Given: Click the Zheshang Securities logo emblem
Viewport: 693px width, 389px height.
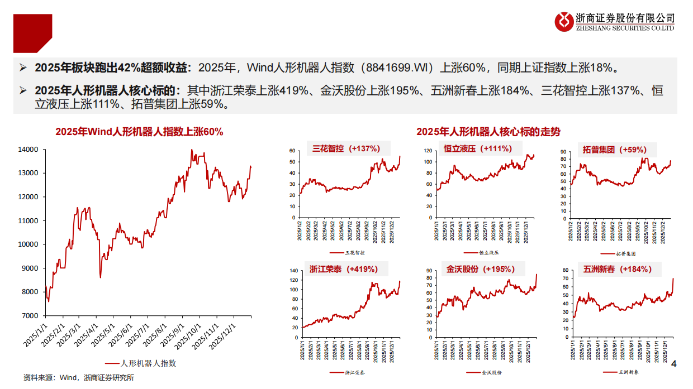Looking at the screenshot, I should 564,22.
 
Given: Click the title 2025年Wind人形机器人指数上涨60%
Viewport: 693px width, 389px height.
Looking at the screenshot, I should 139,132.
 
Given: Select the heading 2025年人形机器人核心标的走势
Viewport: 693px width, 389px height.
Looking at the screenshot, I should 488,132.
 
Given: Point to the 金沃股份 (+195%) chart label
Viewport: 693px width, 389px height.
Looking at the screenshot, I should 480,269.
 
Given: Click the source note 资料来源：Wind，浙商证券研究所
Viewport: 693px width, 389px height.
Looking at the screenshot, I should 79,378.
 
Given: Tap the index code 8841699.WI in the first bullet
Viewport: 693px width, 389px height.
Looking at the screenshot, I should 395,69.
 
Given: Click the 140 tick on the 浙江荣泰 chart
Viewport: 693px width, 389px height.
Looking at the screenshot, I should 293,271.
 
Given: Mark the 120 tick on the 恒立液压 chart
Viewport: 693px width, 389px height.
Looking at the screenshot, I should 429,151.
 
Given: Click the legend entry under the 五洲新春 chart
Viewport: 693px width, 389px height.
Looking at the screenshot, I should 621,372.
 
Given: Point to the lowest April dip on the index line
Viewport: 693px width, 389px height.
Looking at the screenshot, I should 100,277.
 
